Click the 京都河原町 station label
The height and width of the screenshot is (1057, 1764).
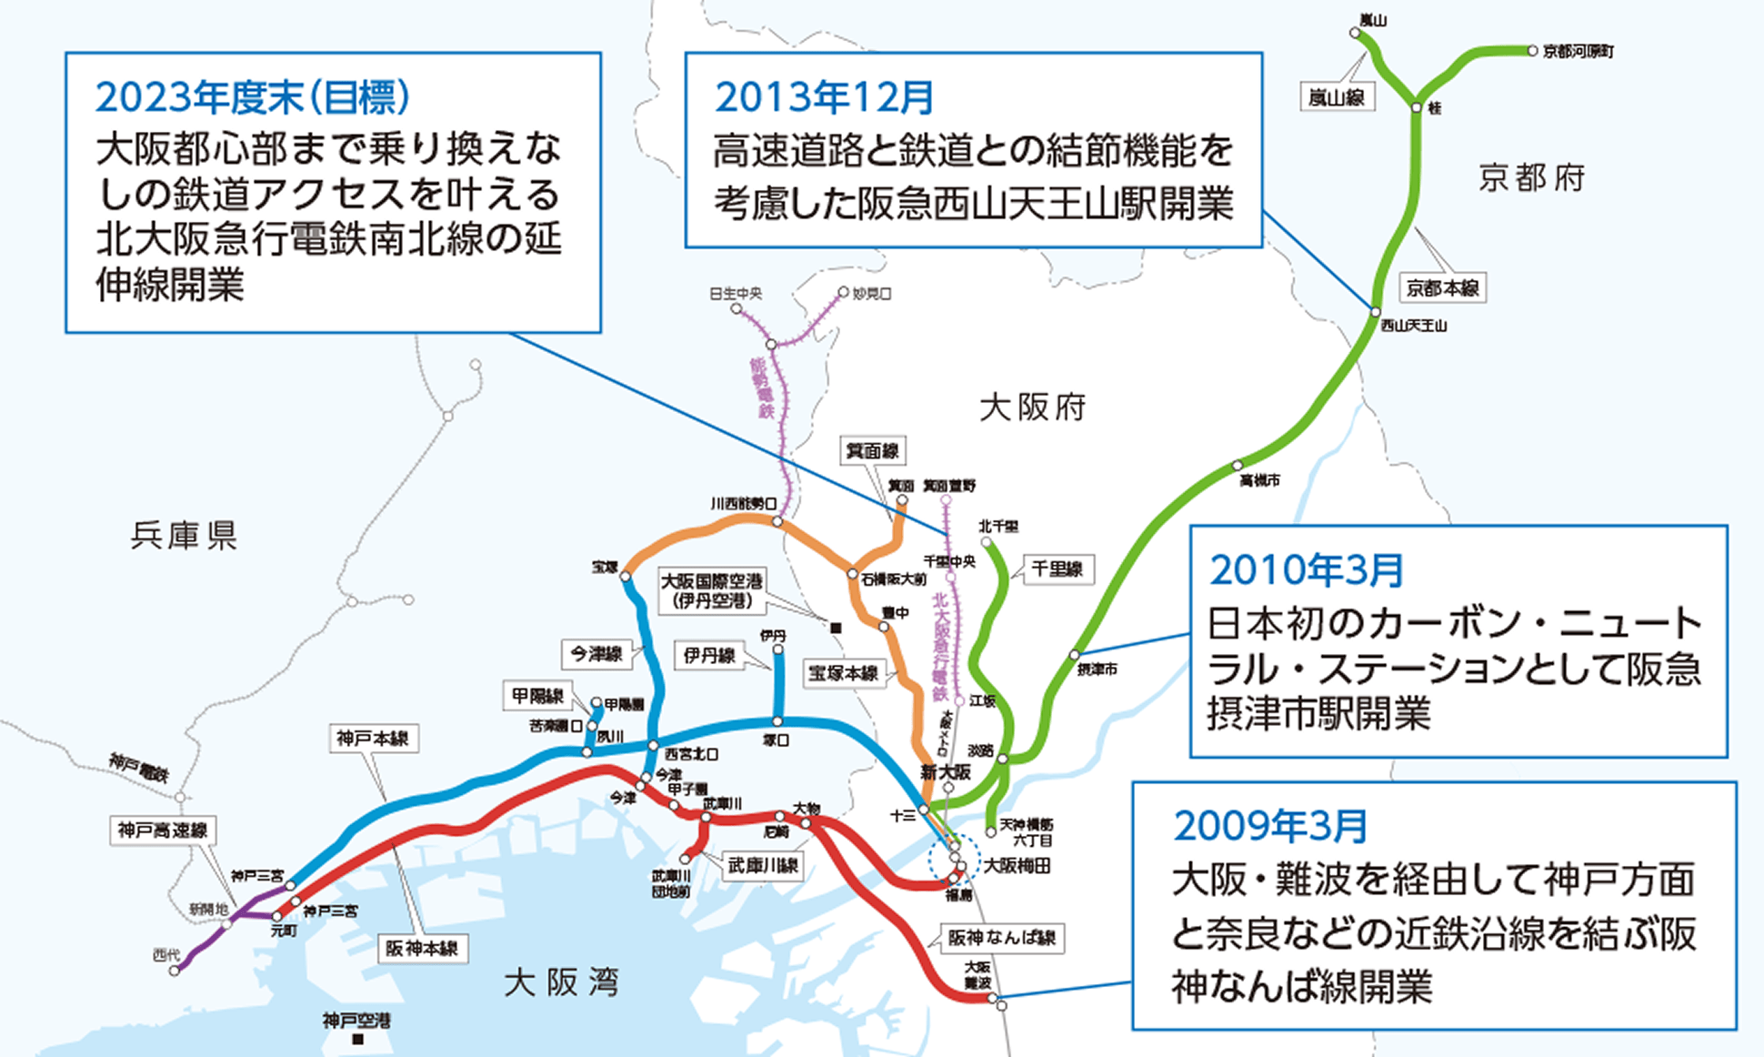click(x=1578, y=52)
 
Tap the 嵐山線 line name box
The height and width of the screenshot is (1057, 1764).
click(x=1336, y=97)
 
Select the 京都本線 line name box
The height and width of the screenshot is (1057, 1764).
click(x=1442, y=288)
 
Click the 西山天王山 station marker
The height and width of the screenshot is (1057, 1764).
click(x=1376, y=312)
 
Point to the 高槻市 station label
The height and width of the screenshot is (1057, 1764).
click(x=1259, y=480)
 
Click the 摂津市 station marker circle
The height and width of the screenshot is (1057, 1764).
click(x=1075, y=654)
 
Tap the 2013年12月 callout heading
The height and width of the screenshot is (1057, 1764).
click(x=824, y=98)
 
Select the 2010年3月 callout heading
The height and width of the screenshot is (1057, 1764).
click(x=1306, y=571)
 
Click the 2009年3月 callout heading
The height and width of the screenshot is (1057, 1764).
click(x=1270, y=826)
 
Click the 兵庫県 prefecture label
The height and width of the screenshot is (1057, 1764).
click(x=184, y=536)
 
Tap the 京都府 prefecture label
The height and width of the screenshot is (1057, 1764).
click(x=1531, y=178)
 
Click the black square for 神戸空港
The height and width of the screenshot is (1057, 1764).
click(x=357, y=1039)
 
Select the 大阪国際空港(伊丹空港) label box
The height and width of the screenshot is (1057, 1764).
click(x=712, y=590)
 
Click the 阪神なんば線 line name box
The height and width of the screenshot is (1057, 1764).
click(x=1001, y=938)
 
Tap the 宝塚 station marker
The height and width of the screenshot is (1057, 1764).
click(x=626, y=576)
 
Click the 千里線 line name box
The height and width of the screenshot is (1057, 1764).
click(x=1057, y=570)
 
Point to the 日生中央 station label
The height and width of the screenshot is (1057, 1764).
click(x=736, y=294)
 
